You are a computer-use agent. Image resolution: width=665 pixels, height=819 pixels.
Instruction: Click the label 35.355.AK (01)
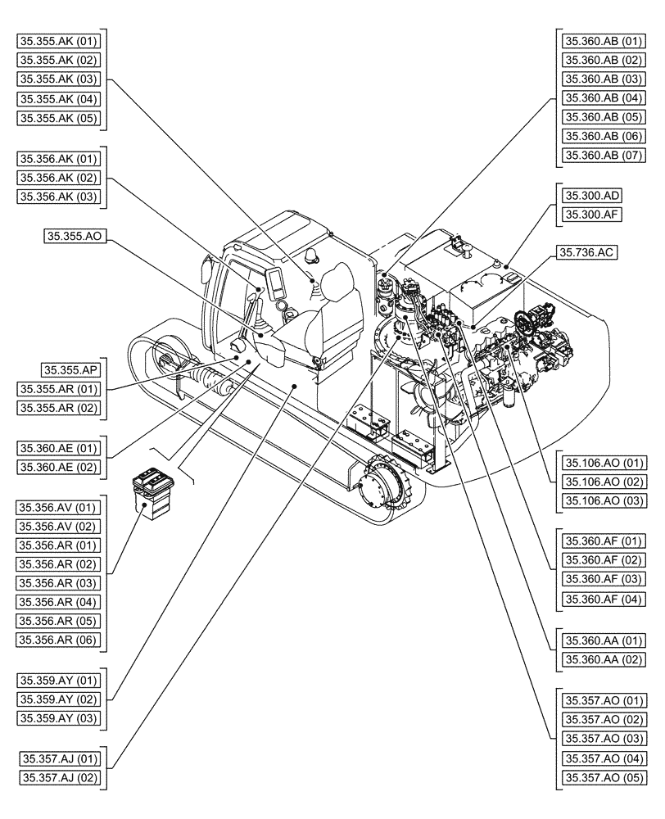point(59,41)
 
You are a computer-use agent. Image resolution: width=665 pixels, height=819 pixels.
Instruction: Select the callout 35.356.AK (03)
point(59,196)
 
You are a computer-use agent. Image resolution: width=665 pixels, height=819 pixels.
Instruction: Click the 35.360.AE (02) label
point(59,467)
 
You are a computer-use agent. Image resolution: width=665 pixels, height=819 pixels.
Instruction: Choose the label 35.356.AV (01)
point(59,507)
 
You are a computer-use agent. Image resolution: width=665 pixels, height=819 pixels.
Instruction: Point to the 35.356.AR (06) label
point(59,640)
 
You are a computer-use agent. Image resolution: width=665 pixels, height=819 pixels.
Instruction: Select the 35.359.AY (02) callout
point(59,699)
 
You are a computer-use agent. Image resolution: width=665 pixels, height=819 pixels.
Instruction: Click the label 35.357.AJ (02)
point(59,777)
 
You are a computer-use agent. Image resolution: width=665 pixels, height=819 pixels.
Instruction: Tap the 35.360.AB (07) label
point(604,155)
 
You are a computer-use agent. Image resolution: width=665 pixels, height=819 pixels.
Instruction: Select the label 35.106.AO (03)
point(604,500)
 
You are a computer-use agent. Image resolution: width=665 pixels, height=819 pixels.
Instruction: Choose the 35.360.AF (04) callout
point(604,599)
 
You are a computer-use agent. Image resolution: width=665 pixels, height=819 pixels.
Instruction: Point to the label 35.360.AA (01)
point(604,639)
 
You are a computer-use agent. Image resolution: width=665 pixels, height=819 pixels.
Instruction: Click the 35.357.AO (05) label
point(604,777)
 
